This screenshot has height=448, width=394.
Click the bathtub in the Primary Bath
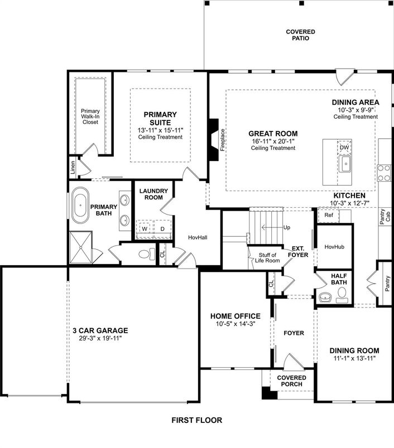81,207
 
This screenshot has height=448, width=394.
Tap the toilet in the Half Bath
342,295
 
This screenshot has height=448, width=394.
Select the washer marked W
145,228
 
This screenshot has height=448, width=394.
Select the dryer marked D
162,228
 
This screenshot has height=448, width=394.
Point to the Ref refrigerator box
329,215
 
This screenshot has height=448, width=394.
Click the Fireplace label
222,140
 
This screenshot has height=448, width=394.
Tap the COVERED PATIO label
300,35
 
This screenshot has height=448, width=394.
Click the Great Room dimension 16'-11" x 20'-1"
273,141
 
